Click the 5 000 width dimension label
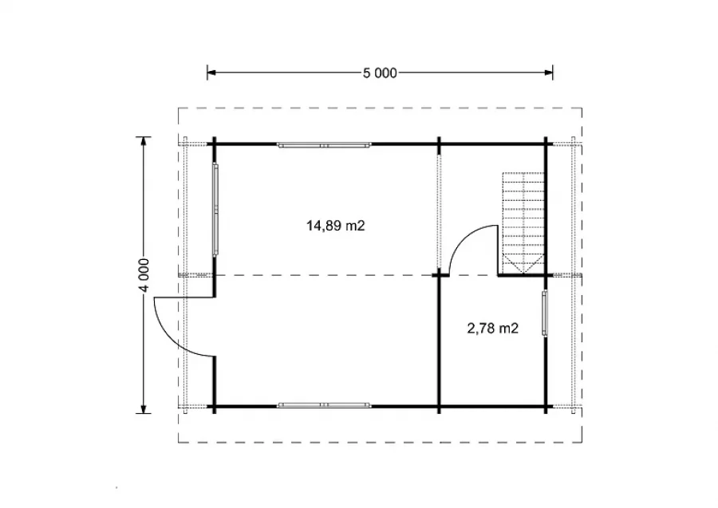click(x=380, y=73)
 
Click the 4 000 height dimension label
click(x=144, y=275)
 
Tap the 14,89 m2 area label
click(x=336, y=226)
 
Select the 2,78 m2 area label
click(x=493, y=328)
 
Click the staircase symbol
click(x=523, y=222)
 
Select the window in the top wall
click(x=324, y=145)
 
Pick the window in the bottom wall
click(x=324, y=405)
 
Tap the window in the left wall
click(x=215, y=209)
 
